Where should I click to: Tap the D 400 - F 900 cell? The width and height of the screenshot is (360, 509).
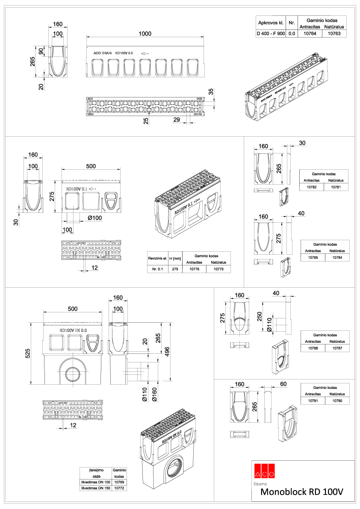coord(270,33)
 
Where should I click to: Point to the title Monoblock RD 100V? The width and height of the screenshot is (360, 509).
coord(302,492)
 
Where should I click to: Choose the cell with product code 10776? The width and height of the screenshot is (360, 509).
coord(194,269)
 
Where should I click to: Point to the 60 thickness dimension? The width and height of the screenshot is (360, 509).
coord(283,384)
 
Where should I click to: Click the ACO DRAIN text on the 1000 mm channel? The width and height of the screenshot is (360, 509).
coord(103,54)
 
